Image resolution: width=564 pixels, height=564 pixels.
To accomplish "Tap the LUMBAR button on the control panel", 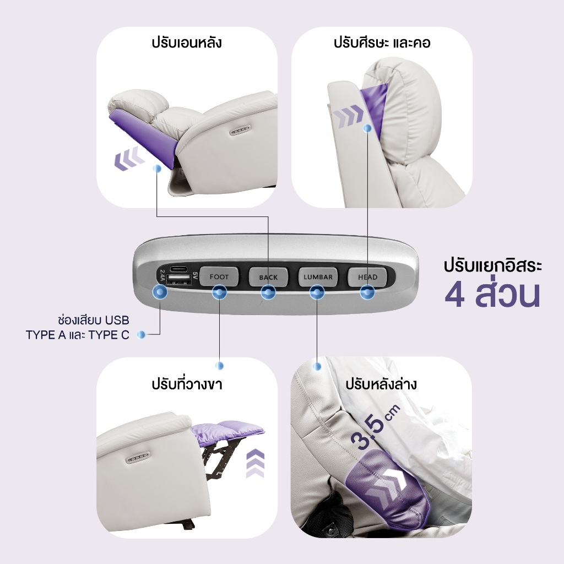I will tap(318, 276).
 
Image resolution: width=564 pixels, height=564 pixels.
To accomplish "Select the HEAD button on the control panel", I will tap(367, 276).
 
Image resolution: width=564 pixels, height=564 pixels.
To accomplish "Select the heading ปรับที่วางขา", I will tap(187, 383).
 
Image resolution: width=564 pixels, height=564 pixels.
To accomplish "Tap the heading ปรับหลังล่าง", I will tap(381, 383).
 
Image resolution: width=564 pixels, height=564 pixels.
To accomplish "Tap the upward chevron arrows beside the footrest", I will tap(256, 463).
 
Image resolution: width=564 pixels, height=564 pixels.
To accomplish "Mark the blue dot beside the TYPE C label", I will tap(142, 334).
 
